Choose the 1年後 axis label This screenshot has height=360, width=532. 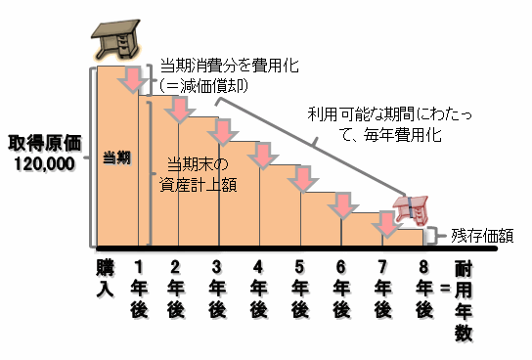(140, 286)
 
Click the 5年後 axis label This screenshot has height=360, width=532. (299, 286)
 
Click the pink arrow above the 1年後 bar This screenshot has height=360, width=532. (133, 80)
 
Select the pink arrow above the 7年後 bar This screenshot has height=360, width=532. (385, 224)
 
